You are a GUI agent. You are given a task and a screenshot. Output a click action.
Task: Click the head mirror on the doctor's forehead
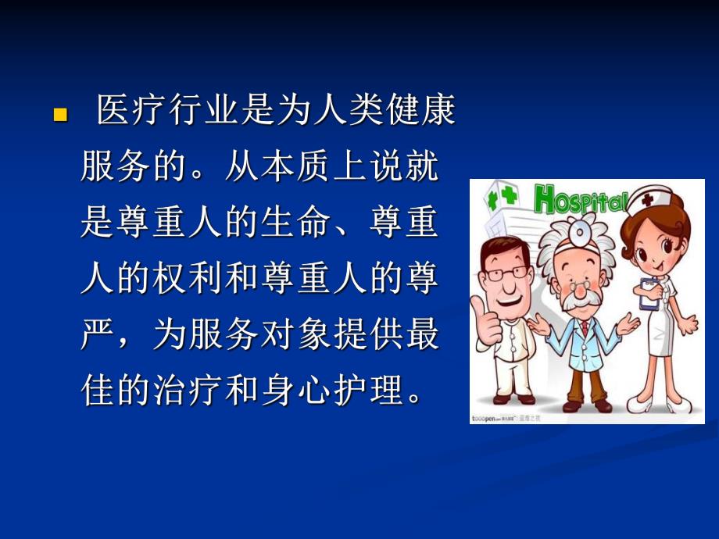[x=579, y=230]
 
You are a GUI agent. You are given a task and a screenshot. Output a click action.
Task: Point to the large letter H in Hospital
[x=547, y=199]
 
